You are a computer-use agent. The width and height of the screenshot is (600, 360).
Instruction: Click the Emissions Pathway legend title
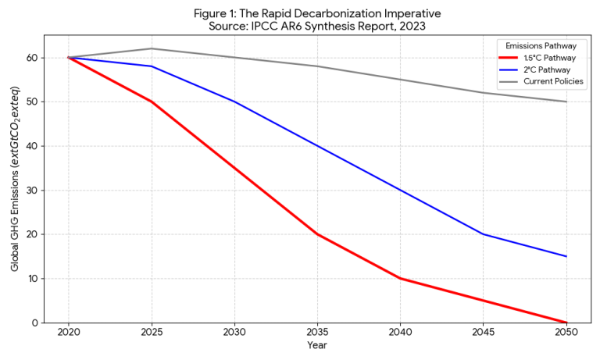click(535, 45)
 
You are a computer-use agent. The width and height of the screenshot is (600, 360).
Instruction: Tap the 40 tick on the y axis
click(33, 146)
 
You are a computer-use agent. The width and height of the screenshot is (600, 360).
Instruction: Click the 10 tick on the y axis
click(33, 279)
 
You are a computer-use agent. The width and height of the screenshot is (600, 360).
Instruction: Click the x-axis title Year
click(317, 345)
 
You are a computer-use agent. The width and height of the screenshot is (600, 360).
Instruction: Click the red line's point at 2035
click(317, 234)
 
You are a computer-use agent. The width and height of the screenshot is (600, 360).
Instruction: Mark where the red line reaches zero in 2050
click(566, 323)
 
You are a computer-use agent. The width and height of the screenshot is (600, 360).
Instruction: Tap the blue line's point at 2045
click(484, 234)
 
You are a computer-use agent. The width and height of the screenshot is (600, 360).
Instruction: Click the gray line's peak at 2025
click(152, 48)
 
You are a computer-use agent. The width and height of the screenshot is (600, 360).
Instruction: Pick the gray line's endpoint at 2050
click(566, 102)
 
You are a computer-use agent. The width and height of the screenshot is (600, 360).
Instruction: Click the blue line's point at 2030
click(234, 102)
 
